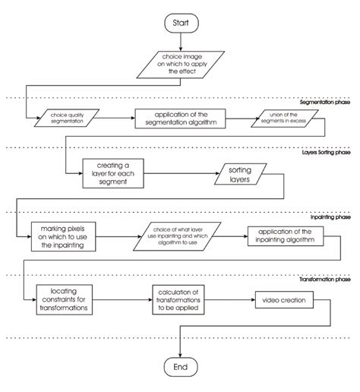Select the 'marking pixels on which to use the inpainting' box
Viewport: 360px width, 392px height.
click(62, 236)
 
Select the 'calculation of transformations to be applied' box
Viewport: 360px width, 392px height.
click(181, 300)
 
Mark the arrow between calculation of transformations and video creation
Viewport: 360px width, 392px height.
click(232, 300)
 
